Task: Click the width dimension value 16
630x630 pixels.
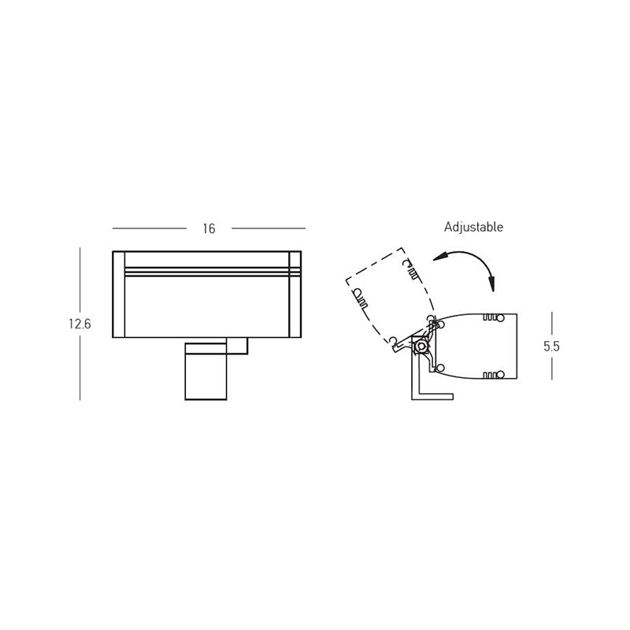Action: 209,228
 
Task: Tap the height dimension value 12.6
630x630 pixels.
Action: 80,324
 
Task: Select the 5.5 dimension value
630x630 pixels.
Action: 551,346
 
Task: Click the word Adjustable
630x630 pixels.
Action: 473,228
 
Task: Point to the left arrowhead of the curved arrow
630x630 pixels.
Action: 440,258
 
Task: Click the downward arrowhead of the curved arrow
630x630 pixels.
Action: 491,284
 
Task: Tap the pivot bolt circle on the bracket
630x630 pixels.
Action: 421,346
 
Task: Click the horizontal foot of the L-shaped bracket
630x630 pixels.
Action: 435,397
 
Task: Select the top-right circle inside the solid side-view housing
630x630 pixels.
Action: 500,318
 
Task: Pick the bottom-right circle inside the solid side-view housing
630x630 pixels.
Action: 500,375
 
